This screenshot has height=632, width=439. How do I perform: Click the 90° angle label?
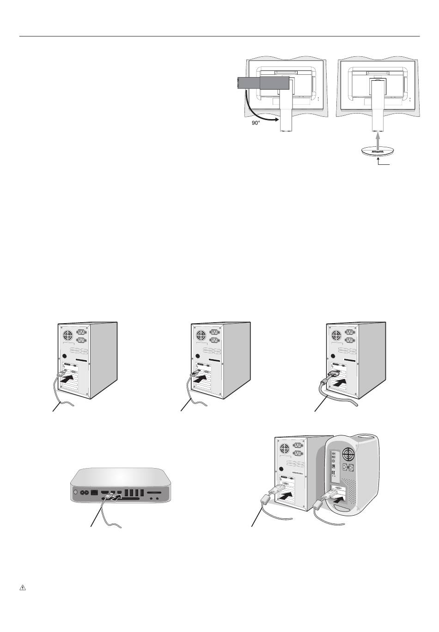tap(255, 123)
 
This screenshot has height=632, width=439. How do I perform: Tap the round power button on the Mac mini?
tap(75, 492)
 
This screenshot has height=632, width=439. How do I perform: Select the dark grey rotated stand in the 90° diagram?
tap(263, 83)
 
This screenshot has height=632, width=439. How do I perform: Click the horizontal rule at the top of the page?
tap(219, 36)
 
